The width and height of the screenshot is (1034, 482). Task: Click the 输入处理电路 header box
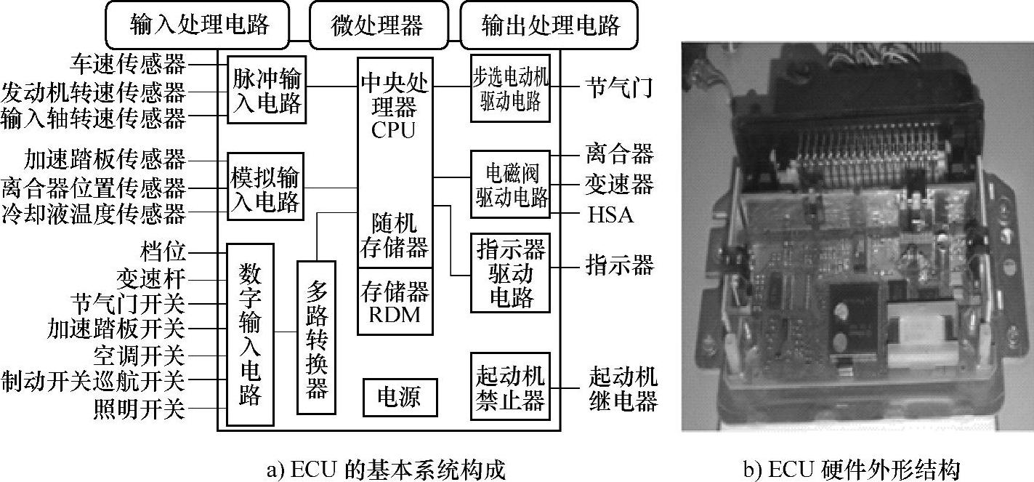(200, 25)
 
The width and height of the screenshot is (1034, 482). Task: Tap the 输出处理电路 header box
(551, 25)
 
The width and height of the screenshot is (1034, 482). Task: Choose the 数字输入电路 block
(250, 334)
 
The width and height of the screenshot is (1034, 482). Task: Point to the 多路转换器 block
(316, 337)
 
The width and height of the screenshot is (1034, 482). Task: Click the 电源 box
(401, 398)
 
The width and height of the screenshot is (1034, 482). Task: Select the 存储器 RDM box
(395, 302)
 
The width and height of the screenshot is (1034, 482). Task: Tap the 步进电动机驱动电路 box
(510, 89)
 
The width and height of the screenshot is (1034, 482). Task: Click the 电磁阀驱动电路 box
(510, 185)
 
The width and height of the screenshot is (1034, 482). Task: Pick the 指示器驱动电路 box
(510, 274)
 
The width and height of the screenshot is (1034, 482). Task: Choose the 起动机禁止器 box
(510, 387)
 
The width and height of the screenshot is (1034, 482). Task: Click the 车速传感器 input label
(129, 64)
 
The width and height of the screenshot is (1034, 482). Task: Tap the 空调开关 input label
(140, 356)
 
